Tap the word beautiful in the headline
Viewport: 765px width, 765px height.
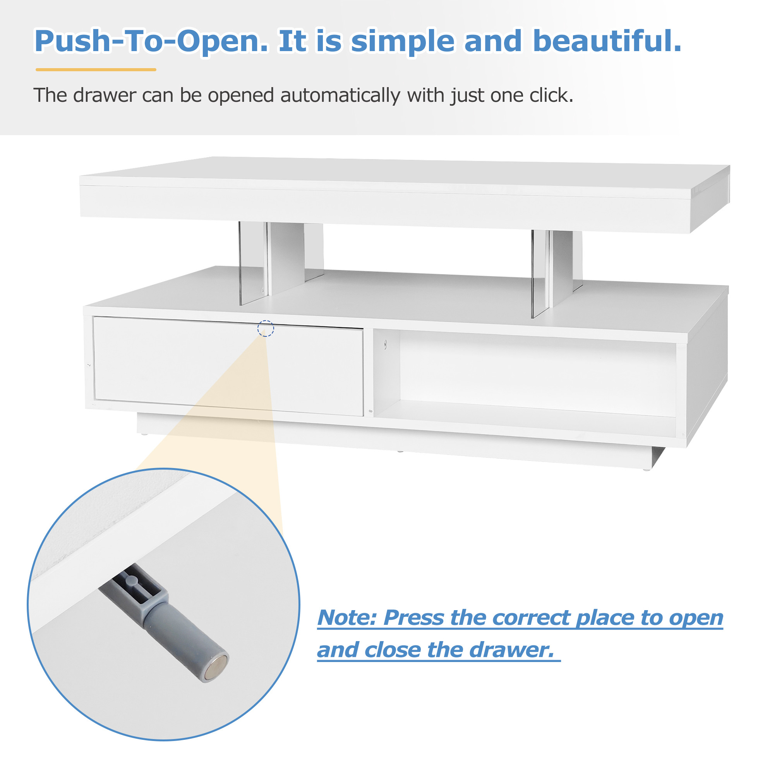[607, 41]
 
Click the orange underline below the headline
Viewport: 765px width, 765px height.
[96, 70]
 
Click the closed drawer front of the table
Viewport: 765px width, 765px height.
[228, 366]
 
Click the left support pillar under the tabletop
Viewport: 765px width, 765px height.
[281, 263]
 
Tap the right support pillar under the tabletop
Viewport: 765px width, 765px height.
[557, 273]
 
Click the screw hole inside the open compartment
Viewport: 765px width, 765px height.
[385, 345]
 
